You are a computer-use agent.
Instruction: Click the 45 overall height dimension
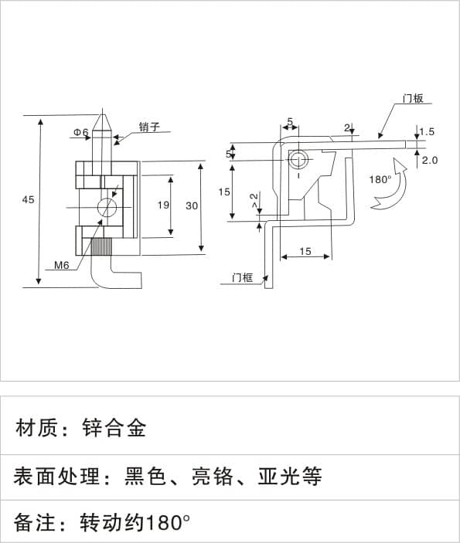[x=28, y=200]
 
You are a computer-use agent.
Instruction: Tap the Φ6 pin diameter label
[x=81, y=132]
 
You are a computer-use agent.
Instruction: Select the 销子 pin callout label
[x=149, y=127]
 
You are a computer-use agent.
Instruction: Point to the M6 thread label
[x=62, y=265]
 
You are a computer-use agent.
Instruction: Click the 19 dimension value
[x=163, y=205]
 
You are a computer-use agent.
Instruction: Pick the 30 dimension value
[x=192, y=206]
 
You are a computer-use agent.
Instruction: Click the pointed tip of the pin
[x=102, y=109]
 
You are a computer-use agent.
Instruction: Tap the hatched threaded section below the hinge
[x=101, y=247]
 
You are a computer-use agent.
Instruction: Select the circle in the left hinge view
[x=107, y=208]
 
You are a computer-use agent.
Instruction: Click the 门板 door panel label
[x=413, y=99]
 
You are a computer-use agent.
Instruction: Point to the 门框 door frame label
[x=243, y=278]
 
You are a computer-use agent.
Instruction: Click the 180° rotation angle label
[x=380, y=180]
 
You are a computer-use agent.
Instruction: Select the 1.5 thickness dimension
[x=427, y=132]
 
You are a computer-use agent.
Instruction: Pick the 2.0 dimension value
[x=430, y=161]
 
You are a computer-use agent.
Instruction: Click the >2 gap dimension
[x=254, y=201]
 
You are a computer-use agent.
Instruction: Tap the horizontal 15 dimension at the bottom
[x=305, y=251]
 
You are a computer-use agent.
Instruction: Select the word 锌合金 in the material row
[x=114, y=428]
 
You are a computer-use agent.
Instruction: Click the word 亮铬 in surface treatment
[x=213, y=477]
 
